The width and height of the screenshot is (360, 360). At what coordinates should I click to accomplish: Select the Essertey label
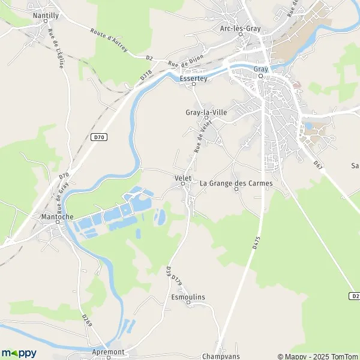[193, 78]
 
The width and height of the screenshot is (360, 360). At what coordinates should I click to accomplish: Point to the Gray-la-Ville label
[206, 111]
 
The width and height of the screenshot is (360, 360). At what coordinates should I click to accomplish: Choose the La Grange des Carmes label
[236, 183]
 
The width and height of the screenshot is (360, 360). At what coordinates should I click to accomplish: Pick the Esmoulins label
[188, 297]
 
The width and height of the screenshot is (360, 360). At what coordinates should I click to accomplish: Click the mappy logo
[19, 353]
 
